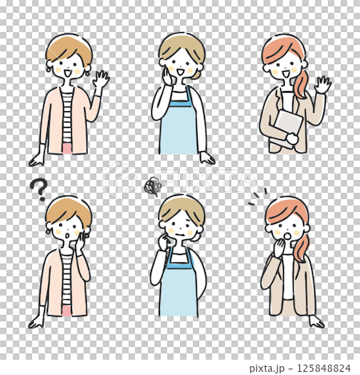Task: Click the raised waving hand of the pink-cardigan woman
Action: click(x=101, y=81)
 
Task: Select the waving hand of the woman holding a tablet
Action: click(x=323, y=84)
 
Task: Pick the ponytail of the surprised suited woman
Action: click(x=301, y=244)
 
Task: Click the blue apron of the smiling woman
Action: click(x=178, y=124)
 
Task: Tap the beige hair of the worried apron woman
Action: click(x=181, y=209)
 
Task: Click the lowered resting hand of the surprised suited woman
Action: click(x=317, y=321)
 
